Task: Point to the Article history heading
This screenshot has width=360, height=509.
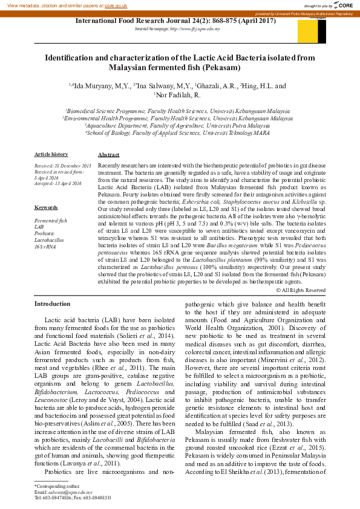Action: click(51, 155)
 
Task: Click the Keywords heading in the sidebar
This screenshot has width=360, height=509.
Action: click(46, 207)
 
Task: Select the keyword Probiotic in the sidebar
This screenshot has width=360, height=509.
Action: click(44, 233)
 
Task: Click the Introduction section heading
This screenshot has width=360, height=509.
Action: click(52, 303)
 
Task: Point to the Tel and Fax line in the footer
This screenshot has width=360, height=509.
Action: click(72, 498)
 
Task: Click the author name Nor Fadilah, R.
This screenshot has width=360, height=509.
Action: click(178, 96)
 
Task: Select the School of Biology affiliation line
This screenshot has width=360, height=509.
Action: click(178, 132)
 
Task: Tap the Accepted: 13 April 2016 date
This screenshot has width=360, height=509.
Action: click(57, 183)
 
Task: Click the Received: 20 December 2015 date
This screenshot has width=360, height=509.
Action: click(62, 165)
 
